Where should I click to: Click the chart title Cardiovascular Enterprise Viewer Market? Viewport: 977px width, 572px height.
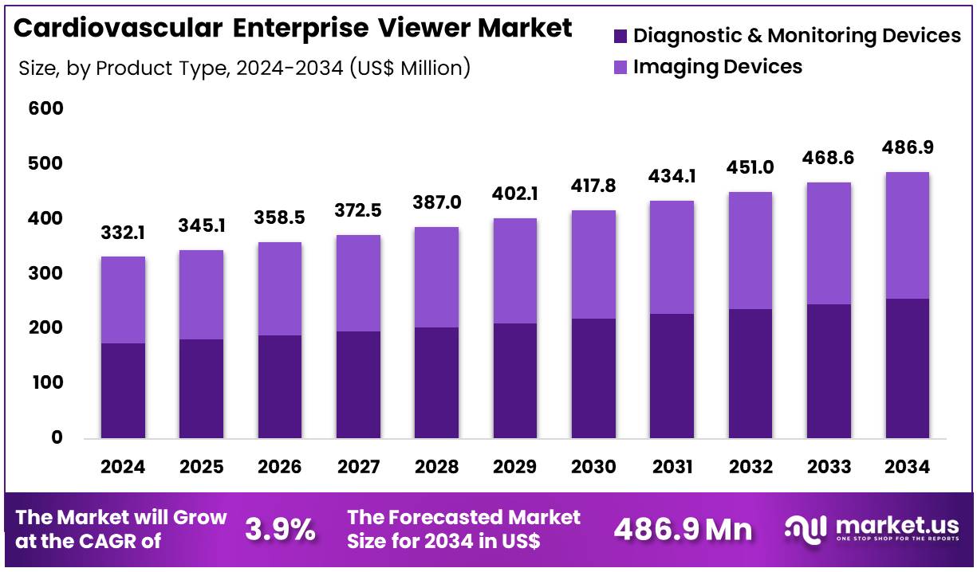click(293, 28)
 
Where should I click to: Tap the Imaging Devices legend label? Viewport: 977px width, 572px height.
click(718, 67)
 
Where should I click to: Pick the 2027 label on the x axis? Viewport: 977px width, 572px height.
click(358, 467)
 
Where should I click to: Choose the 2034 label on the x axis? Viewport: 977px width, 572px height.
click(908, 467)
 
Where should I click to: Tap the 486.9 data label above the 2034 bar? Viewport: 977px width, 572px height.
click(908, 147)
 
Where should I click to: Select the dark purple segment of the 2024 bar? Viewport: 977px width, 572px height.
click(123, 390)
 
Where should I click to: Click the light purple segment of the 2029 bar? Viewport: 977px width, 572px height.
click(515, 271)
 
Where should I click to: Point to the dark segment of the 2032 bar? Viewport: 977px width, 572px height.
click(750, 374)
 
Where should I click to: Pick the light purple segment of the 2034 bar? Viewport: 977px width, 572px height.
click(908, 235)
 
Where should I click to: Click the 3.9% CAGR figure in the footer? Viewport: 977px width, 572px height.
click(279, 529)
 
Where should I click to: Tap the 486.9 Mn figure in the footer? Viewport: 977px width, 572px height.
click(683, 529)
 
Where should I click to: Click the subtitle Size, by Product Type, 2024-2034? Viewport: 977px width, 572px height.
click(244, 69)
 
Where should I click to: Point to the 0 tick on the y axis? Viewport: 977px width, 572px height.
click(57, 437)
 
